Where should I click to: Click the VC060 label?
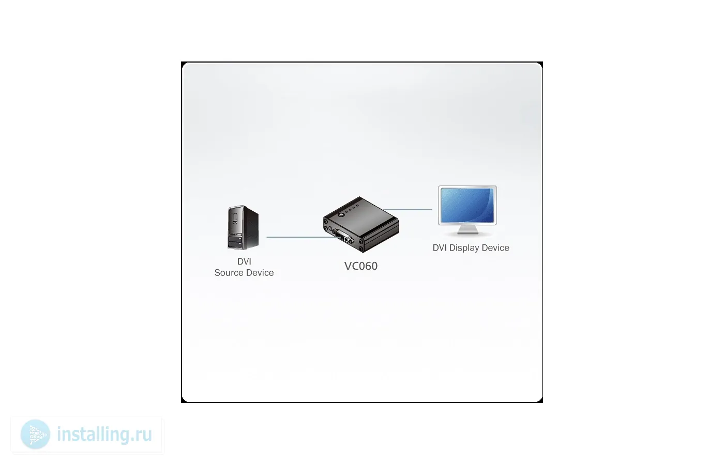click(x=361, y=266)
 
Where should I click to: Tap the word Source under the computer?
click(x=229, y=273)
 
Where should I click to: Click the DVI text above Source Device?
click(x=244, y=261)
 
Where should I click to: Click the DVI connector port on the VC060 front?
click(x=344, y=237)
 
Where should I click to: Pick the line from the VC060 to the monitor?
click(x=409, y=210)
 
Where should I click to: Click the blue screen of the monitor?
click(x=467, y=205)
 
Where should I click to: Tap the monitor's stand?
click(x=467, y=230)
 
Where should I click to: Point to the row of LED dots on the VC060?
click(x=354, y=209)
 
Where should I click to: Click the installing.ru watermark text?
click(x=104, y=435)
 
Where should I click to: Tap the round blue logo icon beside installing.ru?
click(x=35, y=434)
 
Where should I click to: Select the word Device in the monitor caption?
click(x=495, y=248)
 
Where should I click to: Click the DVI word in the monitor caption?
click(x=440, y=248)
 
